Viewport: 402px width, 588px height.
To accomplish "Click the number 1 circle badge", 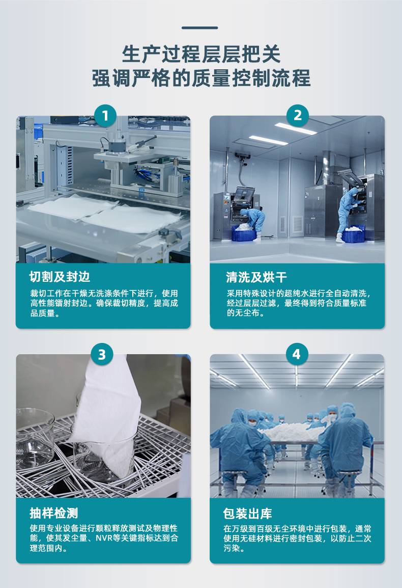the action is [105, 116].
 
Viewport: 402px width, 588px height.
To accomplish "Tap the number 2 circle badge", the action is [298, 115].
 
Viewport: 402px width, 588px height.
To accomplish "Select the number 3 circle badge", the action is [102, 354].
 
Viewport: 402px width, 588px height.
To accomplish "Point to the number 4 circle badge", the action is [297, 354].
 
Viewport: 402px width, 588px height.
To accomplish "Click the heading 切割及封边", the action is [60, 277].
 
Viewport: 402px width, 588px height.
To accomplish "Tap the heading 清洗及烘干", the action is [256, 277].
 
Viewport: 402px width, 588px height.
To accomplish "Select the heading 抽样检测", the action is [54, 513].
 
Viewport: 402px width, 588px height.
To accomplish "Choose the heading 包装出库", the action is [247, 513].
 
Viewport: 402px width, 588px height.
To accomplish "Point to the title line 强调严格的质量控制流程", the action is [201, 78].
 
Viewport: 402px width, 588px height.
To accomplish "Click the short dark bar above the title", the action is [199, 28].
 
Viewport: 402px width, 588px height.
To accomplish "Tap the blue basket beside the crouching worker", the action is [244, 232].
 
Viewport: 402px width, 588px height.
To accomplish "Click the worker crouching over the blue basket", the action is [253, 221].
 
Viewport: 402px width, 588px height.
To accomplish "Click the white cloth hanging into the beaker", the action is [105, 413].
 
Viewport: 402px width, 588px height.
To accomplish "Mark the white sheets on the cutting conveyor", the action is [105, 214].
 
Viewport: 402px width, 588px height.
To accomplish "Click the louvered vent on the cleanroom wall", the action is [297, 224].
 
